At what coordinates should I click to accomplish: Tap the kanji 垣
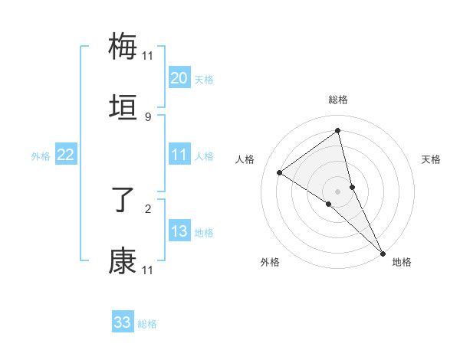pyautogui.click(x=123, y=108)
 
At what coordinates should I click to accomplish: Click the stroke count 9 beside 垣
pyautogui.click(x=147, y=117)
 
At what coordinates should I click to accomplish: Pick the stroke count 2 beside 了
pyautogui.click(x=147, y=208)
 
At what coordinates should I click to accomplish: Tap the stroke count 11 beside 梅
pyautogui.click(x=147, y=54)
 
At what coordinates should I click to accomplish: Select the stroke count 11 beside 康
pyautogui.click(x=147, y=270)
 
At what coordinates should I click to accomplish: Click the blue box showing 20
pyautogui.click(x=179, y=77)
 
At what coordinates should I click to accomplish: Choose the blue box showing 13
pyautogui.click(x=179, y=231)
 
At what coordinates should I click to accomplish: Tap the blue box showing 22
pyautogui.click(x=65, y=155)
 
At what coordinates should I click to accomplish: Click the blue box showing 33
pyautogui.click(x=123, y=322)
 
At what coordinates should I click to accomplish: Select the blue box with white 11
pyautogui.click(x=179, y=155)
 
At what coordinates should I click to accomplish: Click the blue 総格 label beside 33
pyautogui.click(x=147, y=325)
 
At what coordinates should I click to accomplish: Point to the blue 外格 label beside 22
pyautogui.click(x=41, y=156)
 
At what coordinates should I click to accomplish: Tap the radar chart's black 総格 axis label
pyautogui.click(x=337, y=100)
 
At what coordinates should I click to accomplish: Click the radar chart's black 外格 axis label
pyautogui.click(x=270, y=262)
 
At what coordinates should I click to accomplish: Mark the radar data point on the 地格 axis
pyautogui.click(x=383, y=252)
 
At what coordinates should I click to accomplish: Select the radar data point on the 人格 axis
pyautogui.click(x=279, y=172)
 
